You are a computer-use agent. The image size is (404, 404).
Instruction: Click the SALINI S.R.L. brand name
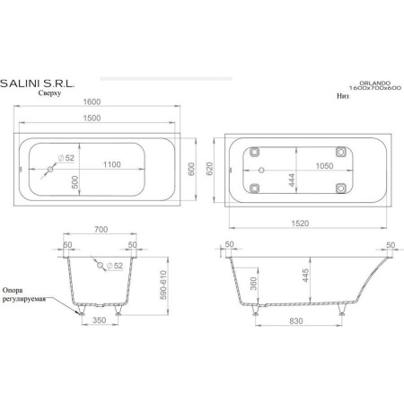[37, 83]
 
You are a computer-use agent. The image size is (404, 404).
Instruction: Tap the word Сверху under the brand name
[49, 93]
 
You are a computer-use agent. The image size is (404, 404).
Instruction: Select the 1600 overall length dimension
[92, 101]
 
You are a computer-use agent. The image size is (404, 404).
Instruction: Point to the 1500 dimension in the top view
[92, 118]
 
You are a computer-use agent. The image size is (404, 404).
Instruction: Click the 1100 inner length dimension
[112, 164]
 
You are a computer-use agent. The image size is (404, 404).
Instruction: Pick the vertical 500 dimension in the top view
[75, 182]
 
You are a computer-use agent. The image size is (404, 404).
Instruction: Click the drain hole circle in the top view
[50, 170]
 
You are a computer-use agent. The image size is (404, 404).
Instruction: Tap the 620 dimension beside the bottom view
[209, 169]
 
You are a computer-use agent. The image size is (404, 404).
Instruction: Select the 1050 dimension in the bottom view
[325, 166]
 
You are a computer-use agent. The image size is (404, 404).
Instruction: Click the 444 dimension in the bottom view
[292, 180]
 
